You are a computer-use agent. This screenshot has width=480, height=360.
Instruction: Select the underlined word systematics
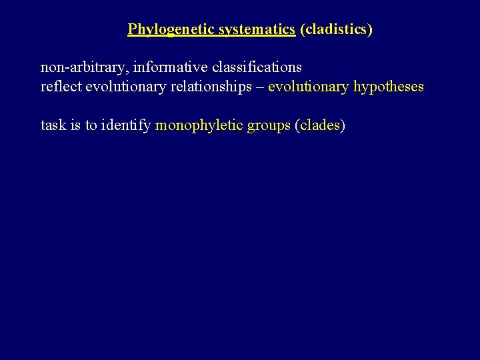257,29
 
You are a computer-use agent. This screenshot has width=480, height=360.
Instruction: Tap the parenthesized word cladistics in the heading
336,29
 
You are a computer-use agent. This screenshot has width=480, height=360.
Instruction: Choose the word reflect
61,87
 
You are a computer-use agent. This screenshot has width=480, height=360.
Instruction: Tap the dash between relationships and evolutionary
261,87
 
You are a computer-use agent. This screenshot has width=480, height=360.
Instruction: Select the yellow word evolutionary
308,87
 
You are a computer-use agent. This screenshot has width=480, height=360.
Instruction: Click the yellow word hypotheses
389,87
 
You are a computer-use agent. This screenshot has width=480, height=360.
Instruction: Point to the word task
53,125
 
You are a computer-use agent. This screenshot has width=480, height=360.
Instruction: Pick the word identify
126,125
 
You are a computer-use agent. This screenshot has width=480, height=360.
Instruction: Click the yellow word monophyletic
199,125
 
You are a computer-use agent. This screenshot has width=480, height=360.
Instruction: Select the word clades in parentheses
319,125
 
